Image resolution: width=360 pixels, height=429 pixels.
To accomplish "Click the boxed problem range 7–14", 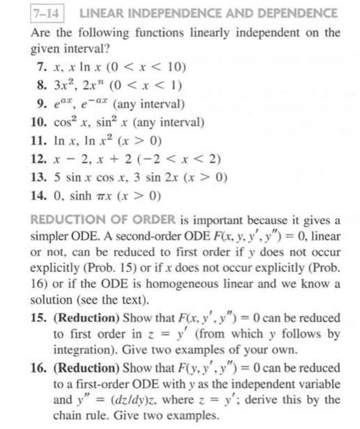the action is click(47, 13).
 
